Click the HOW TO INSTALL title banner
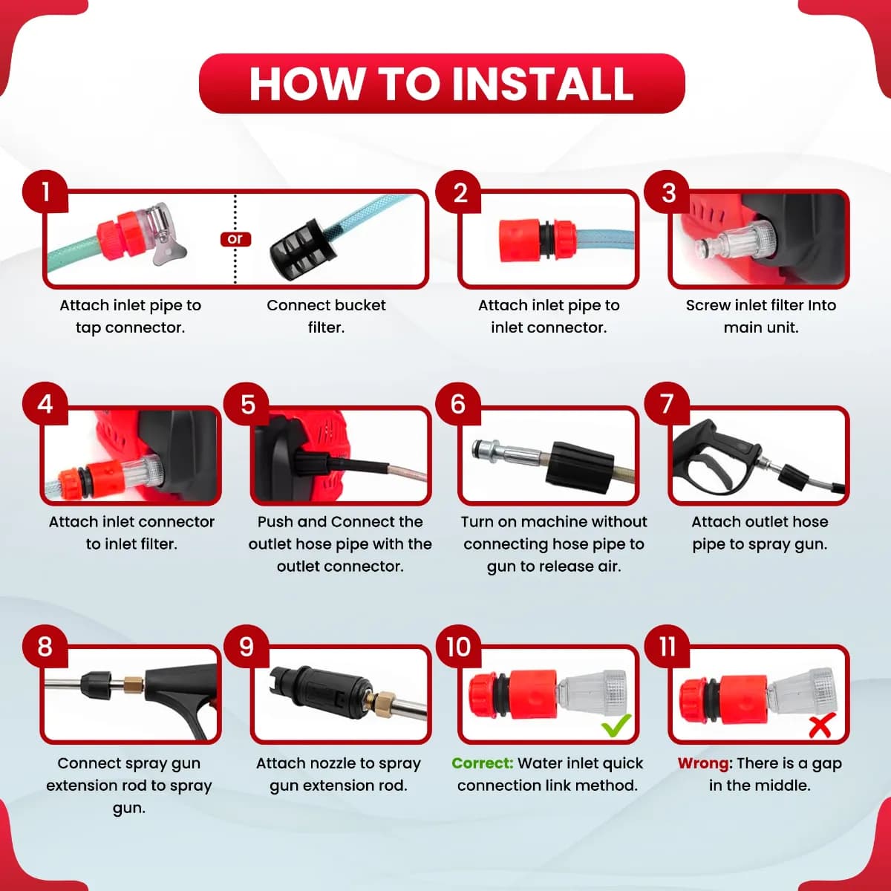(442, 83)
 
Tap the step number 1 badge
(45, 192)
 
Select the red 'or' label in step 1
(235, 239)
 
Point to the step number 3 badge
(668, 192)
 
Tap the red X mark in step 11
(822, 725)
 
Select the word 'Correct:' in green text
(483, 763)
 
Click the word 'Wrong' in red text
(703, 763)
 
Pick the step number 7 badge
(667, 404)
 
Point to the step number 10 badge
(459, 646)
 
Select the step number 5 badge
(247, 404)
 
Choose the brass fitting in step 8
(133, 682)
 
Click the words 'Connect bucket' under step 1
(326, 305)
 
